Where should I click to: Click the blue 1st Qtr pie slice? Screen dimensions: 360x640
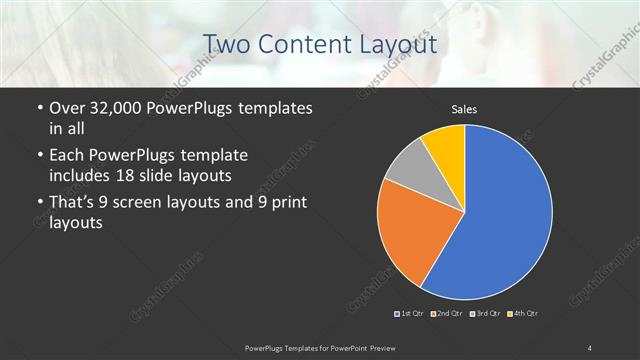pos(510,215)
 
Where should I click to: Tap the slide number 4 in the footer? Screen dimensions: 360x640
pos(589,347)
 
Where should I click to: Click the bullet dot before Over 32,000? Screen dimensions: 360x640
pos(38,109)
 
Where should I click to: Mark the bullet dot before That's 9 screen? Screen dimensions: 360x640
pos(38,204)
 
